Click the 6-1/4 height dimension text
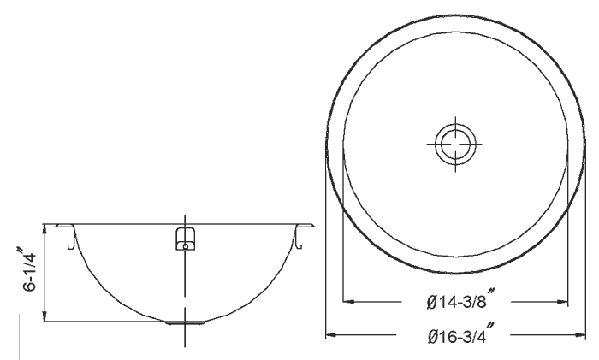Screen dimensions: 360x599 coord(29,272)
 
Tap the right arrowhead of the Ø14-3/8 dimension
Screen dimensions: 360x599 coord(564,301)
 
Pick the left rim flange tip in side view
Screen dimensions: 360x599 coord(56,224)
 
